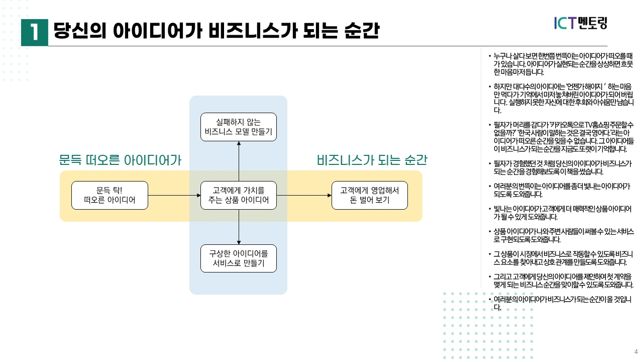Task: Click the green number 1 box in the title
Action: pyautogui.click(x=34, y=32)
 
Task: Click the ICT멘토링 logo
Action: pyautogui.click(x=580, y=23)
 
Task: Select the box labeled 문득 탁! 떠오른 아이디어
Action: pyautogui.click(x=110, y=196)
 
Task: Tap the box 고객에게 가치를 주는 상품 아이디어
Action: pyautogui.click(x=238, y=196)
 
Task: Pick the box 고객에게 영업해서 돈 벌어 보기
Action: pyautogui.click(x=369, y=196)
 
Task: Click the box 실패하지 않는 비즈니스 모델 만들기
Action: pyautogui.click(x=238, y=127)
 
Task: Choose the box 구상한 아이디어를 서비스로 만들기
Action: pyautogui.click(x=238, y=258)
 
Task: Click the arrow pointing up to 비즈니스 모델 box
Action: pyautogui.click(x=239, y=161)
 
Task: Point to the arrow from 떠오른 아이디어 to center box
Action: pyautogui.click(x=174, y=196)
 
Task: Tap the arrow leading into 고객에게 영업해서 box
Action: pyautogui.click(x=304, y=196)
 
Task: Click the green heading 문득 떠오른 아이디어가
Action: pyautogui.click(x=120, y=160)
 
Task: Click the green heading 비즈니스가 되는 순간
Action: pyautogui.click(x=372, y=160)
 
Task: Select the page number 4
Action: pyautogui.click(x=635, y=351)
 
